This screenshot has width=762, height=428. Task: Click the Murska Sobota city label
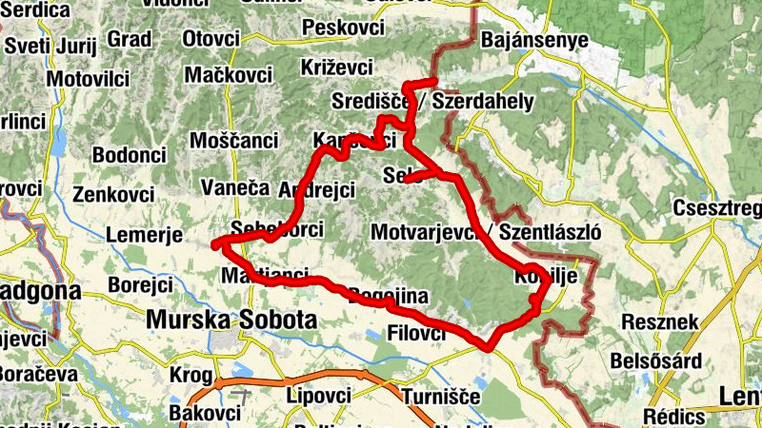(x=231, y=320)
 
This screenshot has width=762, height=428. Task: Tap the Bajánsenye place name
(x=534, y=41)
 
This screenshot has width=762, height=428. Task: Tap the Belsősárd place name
(x=670, y=361)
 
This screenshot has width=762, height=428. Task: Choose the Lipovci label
(x=321, y=394)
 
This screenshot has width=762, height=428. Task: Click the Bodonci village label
(x=130, y=154)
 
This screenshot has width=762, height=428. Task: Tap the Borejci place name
(x=140, y=284)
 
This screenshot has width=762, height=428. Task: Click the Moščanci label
(x=234, y=140)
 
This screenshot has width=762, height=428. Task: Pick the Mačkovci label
(x=228, y=73)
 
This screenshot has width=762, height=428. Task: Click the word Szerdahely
(x=483, y=102)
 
